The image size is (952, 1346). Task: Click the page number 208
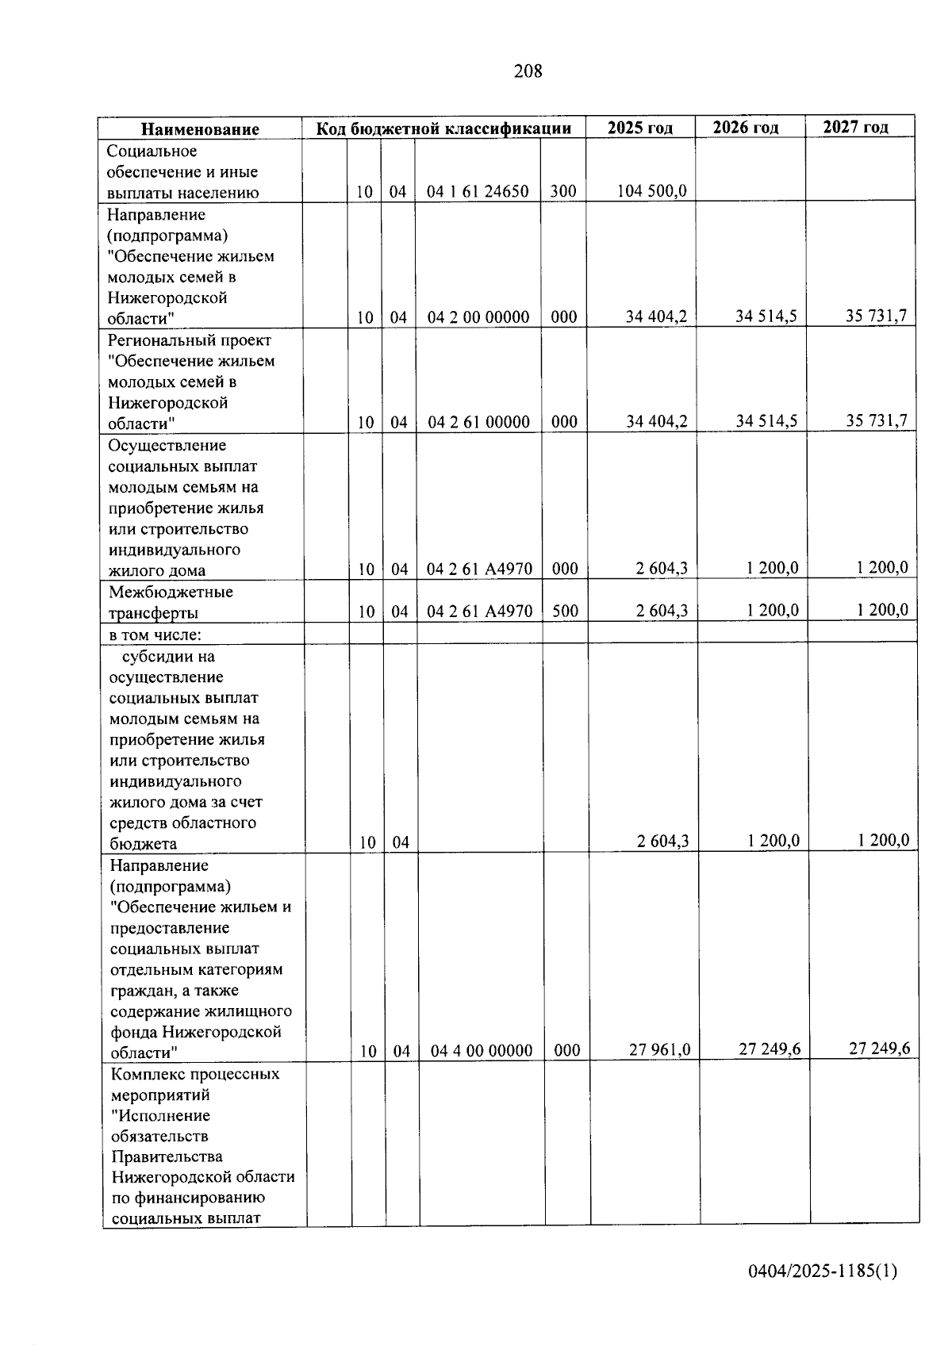[x=528, y=71]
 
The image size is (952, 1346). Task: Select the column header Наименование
[x=201, y=129]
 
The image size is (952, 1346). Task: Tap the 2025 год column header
[x=639, y=128]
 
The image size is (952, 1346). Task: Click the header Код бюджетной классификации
[x=443, y=128]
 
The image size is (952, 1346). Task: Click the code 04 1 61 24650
[x=478, y=191]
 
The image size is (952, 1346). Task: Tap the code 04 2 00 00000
[x=478, y=317]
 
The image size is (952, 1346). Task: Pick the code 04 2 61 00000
[x=478, y=422]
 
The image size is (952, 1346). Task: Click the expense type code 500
[x=565, y=611]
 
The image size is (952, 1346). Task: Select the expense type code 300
[x=563, y=191]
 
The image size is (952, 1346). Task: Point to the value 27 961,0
[x=659, y=1049]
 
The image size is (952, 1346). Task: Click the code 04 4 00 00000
[x=482, y=1051]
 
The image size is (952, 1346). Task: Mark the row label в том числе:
[x=155, y=635]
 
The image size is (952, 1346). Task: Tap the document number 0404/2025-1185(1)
[x=823, y=1271]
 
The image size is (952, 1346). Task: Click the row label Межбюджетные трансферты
[x=171, y=602]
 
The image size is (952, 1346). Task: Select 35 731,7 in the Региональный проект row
[x=876, y=420]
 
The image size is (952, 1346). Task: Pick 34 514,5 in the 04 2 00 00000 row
[x=766, y=316]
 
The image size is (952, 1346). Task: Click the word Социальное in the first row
[x=152, y=151]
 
